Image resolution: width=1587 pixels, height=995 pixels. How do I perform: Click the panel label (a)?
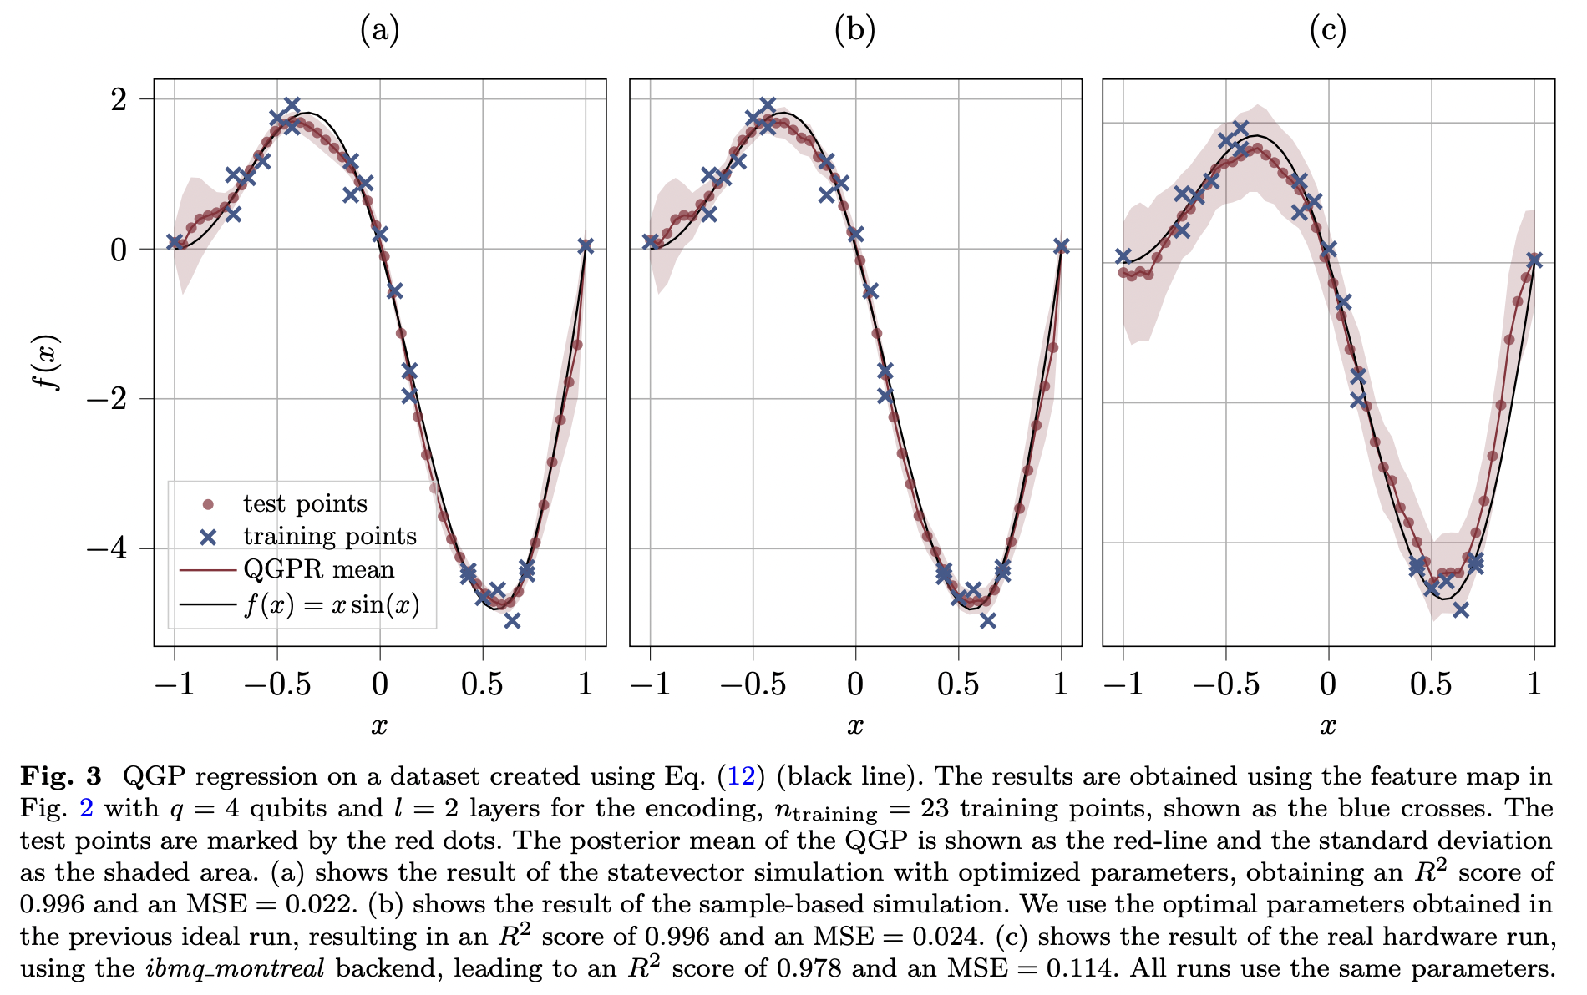tap(379, 31)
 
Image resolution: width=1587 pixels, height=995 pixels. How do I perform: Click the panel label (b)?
tap(854, 31)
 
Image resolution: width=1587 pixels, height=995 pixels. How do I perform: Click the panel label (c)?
tap(1328, 31)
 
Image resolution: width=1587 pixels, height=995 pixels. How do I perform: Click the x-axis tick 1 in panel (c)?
tap(1534, 685)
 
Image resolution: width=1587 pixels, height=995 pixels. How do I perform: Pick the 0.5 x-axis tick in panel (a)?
tap(482, 685)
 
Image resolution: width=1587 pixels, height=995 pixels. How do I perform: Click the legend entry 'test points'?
tap(305, 503)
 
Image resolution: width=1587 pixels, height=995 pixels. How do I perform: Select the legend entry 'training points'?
tap(329, 536)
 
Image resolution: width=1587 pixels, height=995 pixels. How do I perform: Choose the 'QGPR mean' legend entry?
tap(318, 569)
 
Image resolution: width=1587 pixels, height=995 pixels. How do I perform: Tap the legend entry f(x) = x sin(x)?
tap(331, 604)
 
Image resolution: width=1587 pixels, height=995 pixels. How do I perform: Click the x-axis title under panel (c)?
tap(1328, 726)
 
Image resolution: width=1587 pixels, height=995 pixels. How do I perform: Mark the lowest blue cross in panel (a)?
tap(512, 620)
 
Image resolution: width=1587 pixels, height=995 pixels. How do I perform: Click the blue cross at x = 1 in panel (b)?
tap(1061, 246)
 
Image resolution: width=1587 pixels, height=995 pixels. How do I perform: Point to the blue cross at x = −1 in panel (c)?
tap(1123, 256)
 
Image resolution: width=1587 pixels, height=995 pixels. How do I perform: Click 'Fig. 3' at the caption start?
tap(60, 776)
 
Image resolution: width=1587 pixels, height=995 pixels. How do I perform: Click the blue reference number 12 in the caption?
tap(741, 776)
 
